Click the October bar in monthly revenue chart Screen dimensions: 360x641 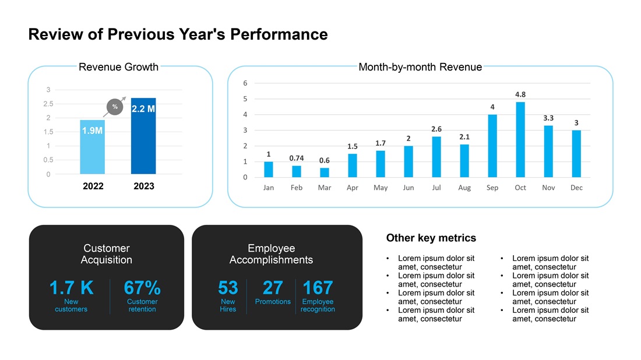pyautogui.click(x=520, y=140)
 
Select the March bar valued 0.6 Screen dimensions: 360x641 pyautogui.click(x=325, y=172)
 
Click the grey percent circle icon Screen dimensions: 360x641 pyautogui.click(x=115, y=107)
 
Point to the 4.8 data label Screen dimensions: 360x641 pyautogui.click(x=520, y=94)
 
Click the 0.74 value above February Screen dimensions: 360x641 pyautogui.click(x=297, y=158)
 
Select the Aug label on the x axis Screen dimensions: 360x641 pyautogui.click(x=464, y=188)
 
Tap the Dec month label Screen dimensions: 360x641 pyautogui.click(x=576, y=188)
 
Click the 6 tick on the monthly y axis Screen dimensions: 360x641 pyautogui.click(x=245, y=83)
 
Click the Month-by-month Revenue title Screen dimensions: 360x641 pyautogui.click(x=420, y=67)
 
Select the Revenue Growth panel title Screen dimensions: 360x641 pyautogui.click(x=118, y=67)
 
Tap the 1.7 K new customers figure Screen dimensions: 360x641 pyautogui.click(x=71, y=288)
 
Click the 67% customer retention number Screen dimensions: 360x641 pyautogui.click(x=142, y=288)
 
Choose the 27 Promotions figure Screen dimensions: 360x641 pyautogui.click(x=273, y=288)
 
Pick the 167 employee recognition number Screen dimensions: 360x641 pyautogui.click(x=318, y=288)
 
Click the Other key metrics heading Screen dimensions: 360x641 pyautogui.click(x=431, y=238)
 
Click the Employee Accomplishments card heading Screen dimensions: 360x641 pyautogui.click(x=271, y=254)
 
